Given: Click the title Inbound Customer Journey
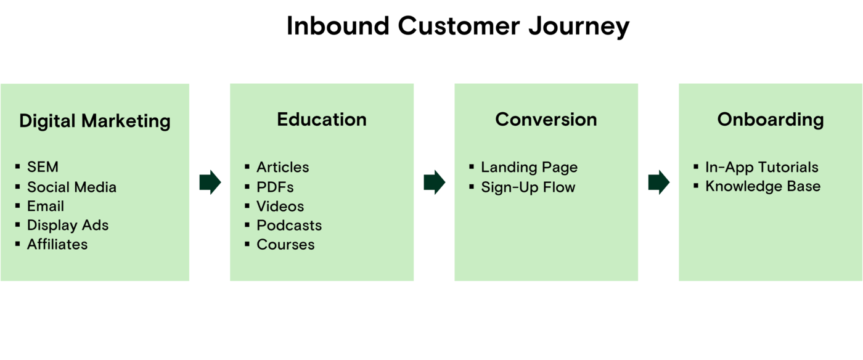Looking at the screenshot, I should click(x=457, y=27).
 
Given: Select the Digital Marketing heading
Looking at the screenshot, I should click(x=95, y=121).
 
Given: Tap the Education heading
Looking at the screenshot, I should click(x=322, y=120).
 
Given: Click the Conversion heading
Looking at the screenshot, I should click(x=546, y=120).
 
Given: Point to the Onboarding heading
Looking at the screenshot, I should click(x=771, y=120).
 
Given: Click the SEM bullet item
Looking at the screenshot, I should click(x=43, y=167).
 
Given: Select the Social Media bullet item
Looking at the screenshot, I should click(x=72, y=187).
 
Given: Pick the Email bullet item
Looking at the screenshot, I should click(x=46, y=206).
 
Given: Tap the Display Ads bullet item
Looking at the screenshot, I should click(x=68, y=225).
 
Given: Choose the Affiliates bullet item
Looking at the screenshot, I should click(x=57, y=244).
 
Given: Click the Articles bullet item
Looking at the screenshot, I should click(x=283, y=167).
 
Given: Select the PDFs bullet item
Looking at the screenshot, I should click(x=275, y=187).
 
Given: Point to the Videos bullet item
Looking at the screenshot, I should click(x=280, y=206).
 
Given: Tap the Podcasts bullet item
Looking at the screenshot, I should click(x=289, y=225).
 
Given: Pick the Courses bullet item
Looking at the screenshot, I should click(x=285, y=244).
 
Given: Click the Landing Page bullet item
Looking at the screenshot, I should click(x=530, y=167).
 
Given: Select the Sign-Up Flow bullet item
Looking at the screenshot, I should click(x=528, y=187).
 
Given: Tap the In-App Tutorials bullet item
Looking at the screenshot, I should click(x=762, y=167).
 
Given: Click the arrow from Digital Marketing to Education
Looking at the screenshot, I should click(x=210, y=182).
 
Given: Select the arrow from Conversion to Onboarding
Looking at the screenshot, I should click(x=659, y=182).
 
